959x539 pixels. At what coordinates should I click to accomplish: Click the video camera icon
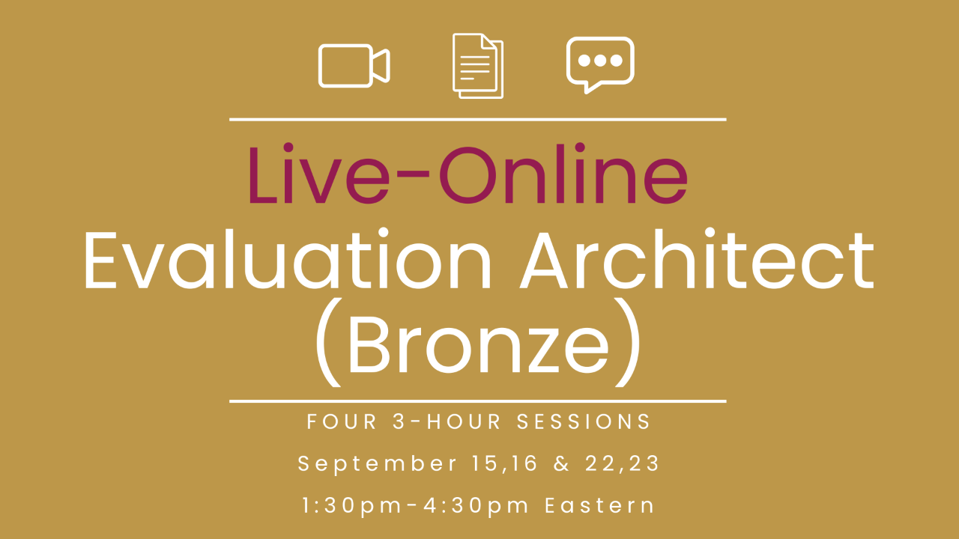click(354, 65)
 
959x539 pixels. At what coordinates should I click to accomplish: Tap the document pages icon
click(478, 65)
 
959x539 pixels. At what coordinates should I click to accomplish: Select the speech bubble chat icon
click(600, 65)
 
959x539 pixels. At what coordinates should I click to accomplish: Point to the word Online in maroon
click(563, 174)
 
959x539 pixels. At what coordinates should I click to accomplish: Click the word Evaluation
click(287, 260)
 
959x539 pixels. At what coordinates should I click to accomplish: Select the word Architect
click(697, 259)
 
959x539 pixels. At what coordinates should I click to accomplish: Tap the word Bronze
click(479, 343)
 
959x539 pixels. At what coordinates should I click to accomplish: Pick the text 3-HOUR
click(447, 421)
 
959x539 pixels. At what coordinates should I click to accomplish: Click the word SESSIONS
click(584, 421)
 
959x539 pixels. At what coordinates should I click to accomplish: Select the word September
click(377, 464)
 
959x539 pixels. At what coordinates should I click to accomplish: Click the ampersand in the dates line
click(561, 463)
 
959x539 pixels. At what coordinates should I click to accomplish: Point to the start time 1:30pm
click(352, 506)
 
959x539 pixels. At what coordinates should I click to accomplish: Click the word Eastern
click(600, 505)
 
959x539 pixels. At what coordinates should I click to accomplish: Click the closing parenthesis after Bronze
click(628, 342)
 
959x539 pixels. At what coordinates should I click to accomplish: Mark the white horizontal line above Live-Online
click(478, 119)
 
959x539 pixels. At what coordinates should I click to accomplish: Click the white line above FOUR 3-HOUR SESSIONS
click(478, 401)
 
